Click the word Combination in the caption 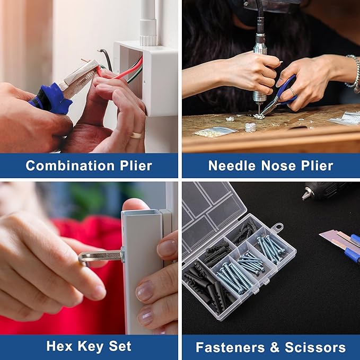tap(70, 165)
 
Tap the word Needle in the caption tap(232, 165)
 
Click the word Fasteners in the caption tap(230, 347)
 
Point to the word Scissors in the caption tap(315, 347)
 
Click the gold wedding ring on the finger tap(136, 135)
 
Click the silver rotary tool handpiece tap(260, 69)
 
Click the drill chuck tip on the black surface tap(306, 195)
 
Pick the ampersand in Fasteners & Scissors tap(275, 347)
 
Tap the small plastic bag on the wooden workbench tap(215, 132)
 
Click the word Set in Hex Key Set tap(120, 346)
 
